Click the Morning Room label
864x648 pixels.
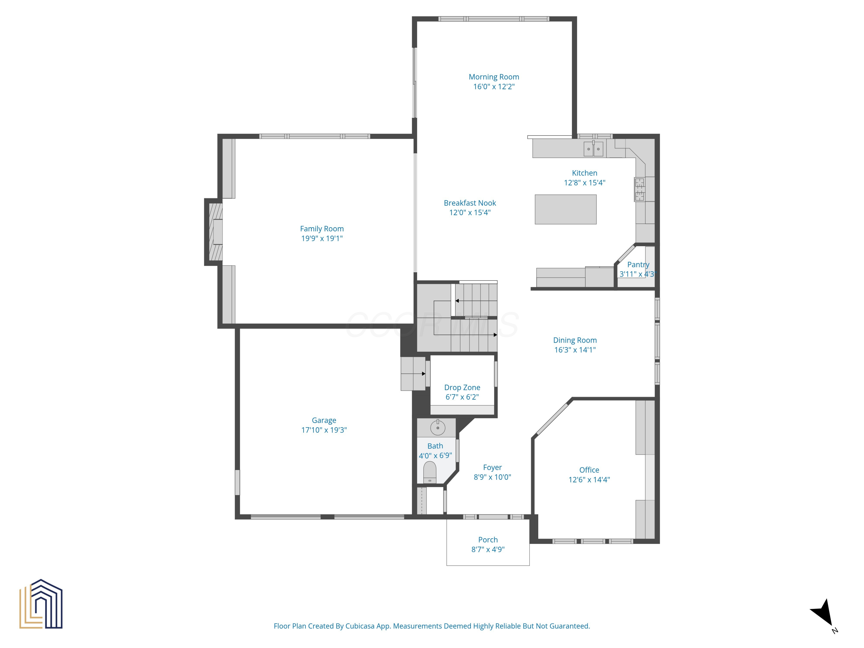(494, 77)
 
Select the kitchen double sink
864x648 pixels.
(593, 149)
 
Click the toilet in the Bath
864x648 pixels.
(430, 473)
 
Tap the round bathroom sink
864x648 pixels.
(437, 428)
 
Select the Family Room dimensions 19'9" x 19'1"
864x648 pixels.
(322, 238)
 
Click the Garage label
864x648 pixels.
(324, 420)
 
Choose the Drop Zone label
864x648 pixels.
(462, 387)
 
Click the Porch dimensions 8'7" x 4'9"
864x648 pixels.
(488, 549)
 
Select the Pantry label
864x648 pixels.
(638, 264)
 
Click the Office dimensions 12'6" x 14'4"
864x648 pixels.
(589, 480)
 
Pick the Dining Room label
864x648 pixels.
(575, 340)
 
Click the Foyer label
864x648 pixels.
(492, 467)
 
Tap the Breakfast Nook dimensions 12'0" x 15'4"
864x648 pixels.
(470, 213)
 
